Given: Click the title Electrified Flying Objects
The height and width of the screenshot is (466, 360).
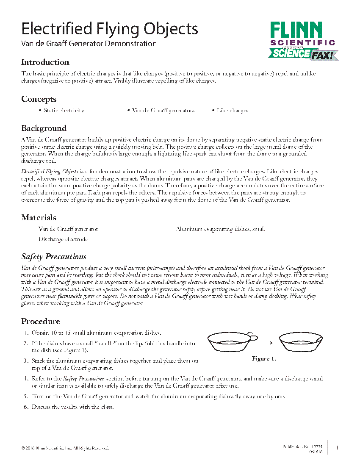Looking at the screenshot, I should click(x=109, y=29).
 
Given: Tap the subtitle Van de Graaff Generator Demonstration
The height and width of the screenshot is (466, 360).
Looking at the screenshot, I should click(x=89, y=44).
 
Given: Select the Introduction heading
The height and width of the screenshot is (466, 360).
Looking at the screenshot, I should click(x=45, y=62).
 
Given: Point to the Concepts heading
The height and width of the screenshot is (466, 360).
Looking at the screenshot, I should click(x=39, y=99).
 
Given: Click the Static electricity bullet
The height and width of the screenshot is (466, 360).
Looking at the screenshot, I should click(x=64, y=111).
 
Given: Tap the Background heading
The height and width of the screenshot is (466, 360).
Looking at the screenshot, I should click(x=44, y=128).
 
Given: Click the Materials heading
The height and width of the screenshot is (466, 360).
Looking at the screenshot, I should click(x=39, y=218).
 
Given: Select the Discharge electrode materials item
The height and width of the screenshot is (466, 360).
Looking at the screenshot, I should click(x=63, y=239).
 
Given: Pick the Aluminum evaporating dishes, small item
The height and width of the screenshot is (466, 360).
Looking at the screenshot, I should click(x=220, y=229).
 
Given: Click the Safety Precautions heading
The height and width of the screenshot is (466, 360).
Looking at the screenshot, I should click(x=54, y=257).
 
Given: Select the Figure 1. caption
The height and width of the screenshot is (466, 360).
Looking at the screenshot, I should click(x=263, y=359).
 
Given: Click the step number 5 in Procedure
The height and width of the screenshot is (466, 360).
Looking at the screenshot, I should click(x=26, y=397).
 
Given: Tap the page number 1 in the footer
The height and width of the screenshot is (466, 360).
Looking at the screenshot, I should click(x=337, y=448).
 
